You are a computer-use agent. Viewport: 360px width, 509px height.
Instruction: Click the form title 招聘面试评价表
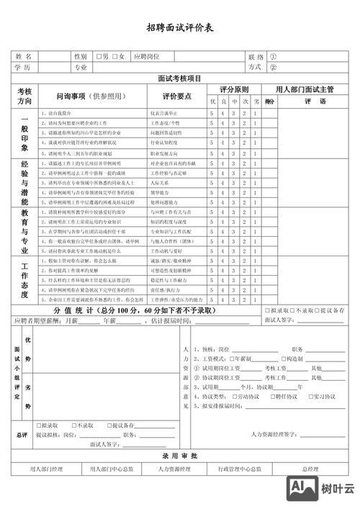click(x=179, y=28)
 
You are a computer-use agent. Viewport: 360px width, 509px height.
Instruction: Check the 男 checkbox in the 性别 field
click(x=99, y=56)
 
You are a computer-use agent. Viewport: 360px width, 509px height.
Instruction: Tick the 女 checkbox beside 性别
click(x=115, y=56)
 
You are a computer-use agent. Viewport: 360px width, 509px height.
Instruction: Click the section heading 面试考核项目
click(x=179, y=78)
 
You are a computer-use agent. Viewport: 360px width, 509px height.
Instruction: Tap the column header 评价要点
click(x=176, y=96)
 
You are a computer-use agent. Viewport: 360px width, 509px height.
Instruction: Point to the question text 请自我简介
click(x=60, y=114)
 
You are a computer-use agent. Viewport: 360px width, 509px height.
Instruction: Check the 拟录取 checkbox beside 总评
click(x=37, y=425)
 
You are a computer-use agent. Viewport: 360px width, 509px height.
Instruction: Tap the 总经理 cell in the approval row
click(x=311, y=469)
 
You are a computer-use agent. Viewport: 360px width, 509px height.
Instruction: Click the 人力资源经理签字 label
click(x=276, y=435)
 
